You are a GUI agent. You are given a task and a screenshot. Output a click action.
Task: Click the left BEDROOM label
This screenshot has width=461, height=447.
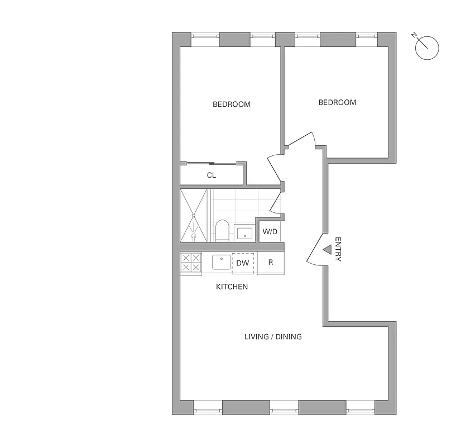231,104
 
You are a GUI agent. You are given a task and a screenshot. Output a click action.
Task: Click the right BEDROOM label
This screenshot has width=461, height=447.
337,102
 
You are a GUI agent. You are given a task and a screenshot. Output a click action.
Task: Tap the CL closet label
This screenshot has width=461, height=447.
211,175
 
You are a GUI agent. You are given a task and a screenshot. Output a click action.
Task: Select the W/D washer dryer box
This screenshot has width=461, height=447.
270,231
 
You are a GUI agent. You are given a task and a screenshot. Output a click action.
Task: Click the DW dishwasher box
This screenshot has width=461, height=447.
243,263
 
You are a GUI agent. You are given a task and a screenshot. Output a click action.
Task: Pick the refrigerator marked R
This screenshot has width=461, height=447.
271,263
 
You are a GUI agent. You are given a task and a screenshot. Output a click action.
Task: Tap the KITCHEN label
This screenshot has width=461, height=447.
232,287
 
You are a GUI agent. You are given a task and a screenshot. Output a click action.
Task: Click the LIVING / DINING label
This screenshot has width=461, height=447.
273,336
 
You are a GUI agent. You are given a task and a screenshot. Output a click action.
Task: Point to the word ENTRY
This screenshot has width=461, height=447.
338,249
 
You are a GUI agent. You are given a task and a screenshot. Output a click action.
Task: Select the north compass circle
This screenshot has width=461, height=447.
427,47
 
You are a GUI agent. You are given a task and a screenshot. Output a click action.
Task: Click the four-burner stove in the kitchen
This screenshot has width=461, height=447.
191,263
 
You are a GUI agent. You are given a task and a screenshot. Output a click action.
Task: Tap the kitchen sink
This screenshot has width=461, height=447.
221,262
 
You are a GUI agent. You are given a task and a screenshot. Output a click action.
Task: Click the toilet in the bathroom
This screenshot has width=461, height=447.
222,230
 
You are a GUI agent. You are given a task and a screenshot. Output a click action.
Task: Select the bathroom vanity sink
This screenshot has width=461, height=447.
244,232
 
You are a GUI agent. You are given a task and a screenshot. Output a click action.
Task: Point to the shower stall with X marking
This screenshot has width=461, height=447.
194,215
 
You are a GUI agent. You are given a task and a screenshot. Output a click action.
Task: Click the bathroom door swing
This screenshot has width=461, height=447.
276,202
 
